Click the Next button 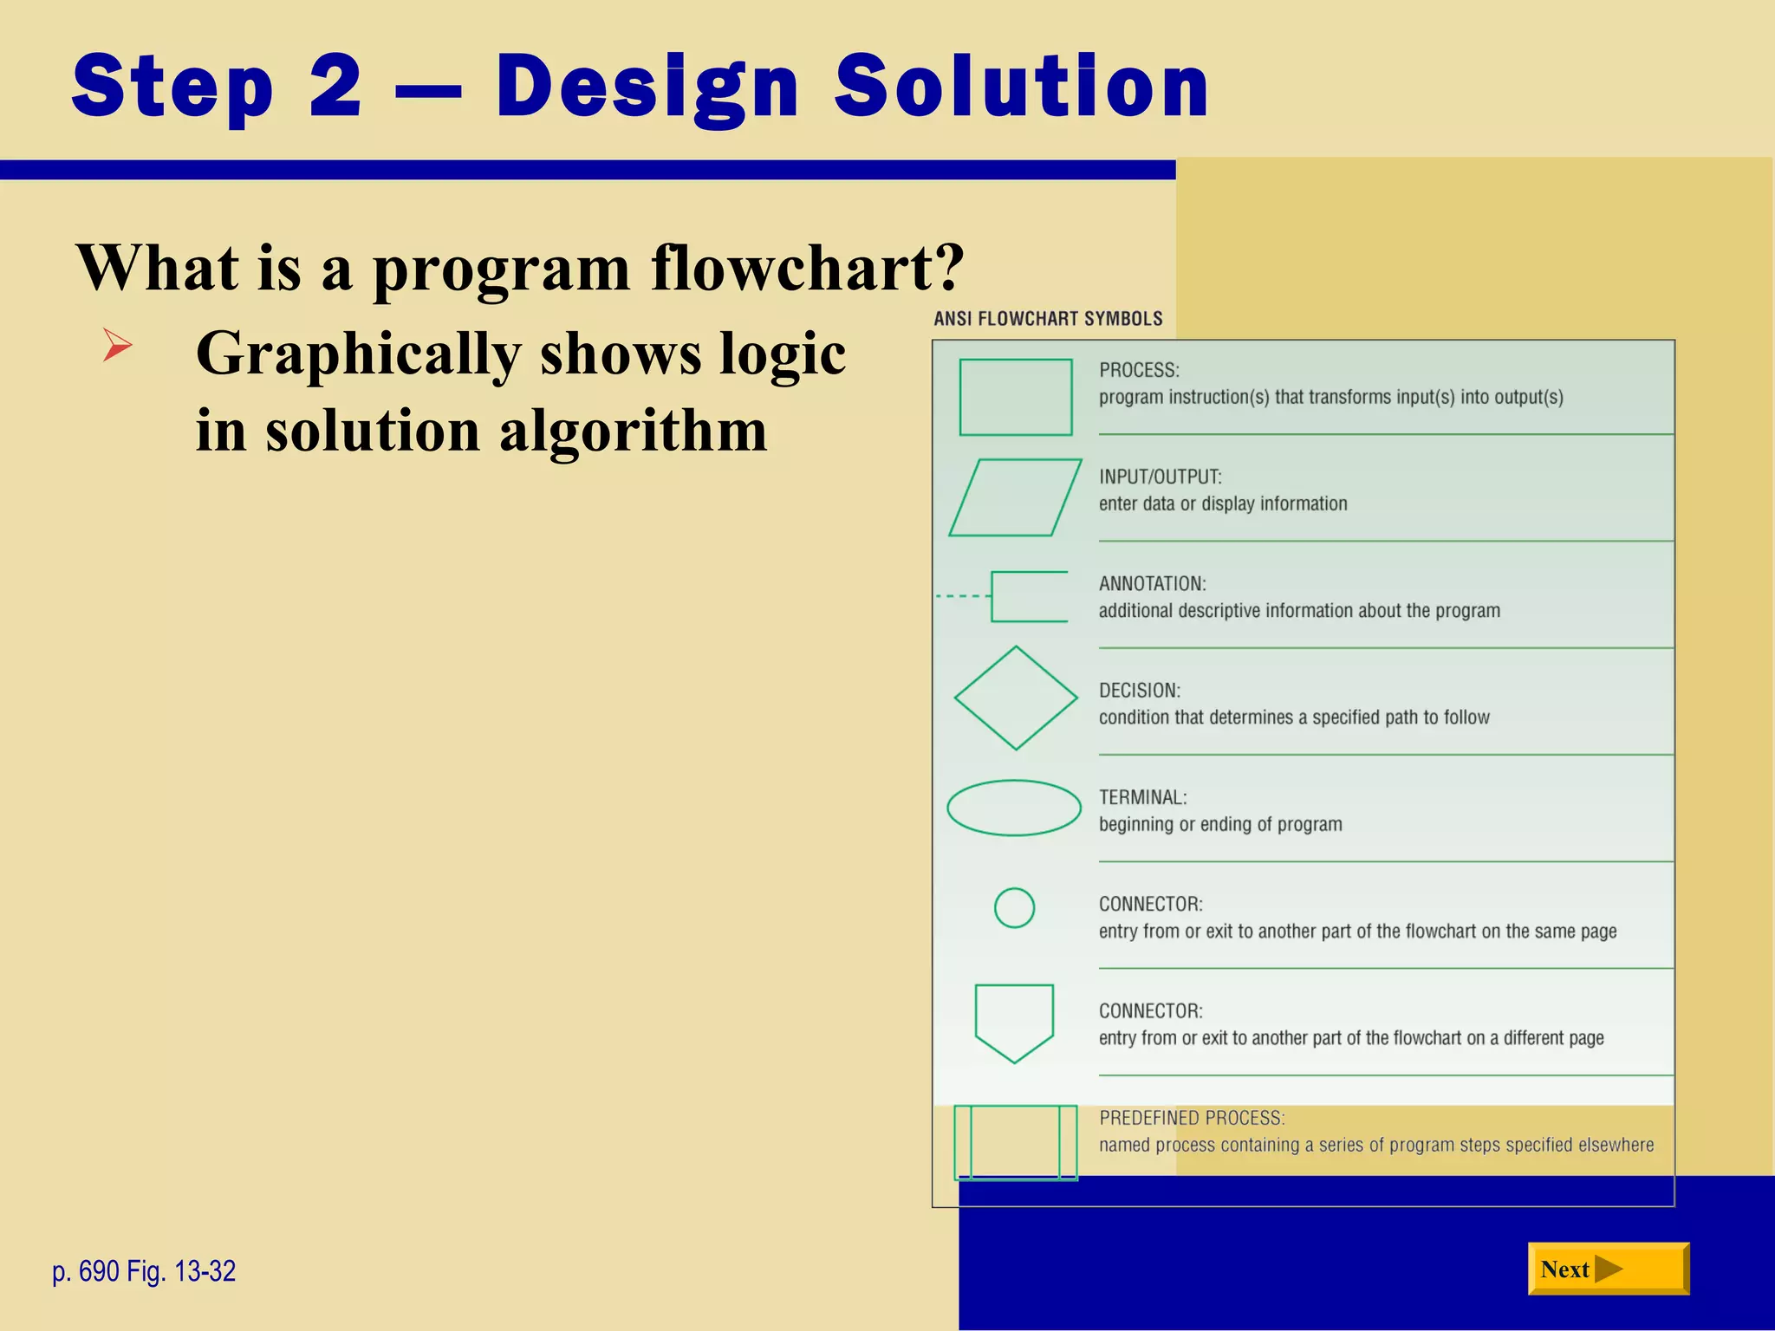point(1608,1269)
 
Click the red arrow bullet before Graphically point(117,345)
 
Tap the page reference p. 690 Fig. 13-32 point(144,1271)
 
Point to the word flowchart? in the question point(807,268)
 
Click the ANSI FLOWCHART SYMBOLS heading point(1048,319)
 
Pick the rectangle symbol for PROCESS point(1015,397)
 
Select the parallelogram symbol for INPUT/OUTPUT point(1015,497)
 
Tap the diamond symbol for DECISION point(1015,698)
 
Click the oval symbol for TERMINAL point(1013,808)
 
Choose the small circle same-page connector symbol point(1014,908)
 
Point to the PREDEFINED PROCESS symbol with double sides point(1015,1142)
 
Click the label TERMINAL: point(1142,797)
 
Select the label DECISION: point(1139,691)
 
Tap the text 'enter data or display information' point(1222,503)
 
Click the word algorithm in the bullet point(633,431)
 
